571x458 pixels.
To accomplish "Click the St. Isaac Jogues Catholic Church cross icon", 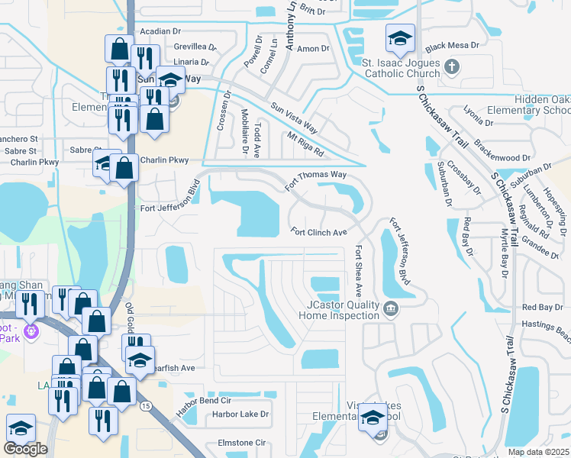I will click(x=451, y=66).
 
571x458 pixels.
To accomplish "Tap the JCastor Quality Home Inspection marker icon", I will click(x=391, y=308).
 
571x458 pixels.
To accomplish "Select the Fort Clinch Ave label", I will click(x=319, y=232).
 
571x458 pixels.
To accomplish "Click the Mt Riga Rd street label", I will click(x=306, y=143).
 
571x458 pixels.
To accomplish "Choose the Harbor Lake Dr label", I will click(x=240, y=414).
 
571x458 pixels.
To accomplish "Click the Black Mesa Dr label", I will click(x=452, y=46).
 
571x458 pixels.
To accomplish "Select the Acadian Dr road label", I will click(x=160, y=31).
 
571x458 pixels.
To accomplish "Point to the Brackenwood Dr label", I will click(x=502, y=158).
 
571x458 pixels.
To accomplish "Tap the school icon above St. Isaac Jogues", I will click(x=400, y=37).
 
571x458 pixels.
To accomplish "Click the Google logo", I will click(x=25, y=449).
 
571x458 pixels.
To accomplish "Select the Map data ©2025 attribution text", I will click(x=539, y=452).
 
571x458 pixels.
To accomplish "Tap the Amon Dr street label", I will click(x=313, y=49).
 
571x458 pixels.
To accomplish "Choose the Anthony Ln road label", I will click(x=291, y=26).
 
